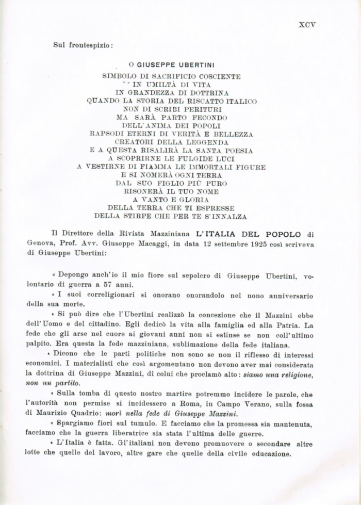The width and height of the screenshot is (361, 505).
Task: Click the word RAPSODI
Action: pos(105,134)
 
